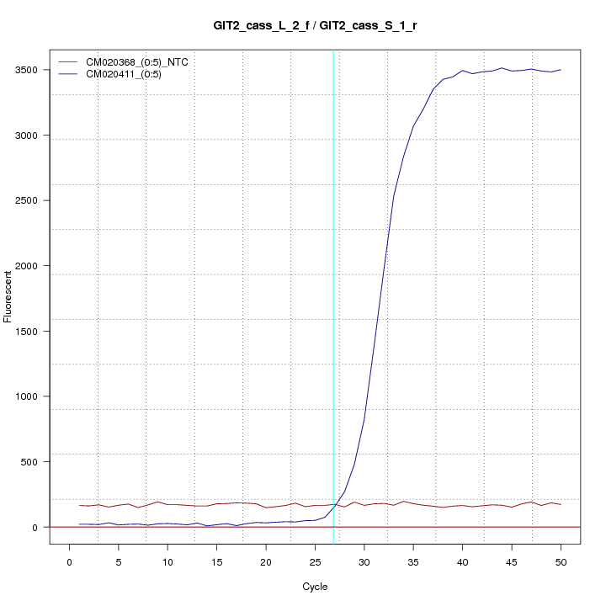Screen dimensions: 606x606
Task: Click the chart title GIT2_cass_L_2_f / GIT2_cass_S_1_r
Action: (316, 26)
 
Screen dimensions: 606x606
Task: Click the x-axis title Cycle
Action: (316, 587)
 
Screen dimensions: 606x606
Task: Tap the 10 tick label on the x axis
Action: (167, 561)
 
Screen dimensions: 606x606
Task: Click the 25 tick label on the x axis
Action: (315, 561)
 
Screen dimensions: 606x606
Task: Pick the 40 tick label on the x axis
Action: (462, 561)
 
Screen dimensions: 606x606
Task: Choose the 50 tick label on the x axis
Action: (561, 561)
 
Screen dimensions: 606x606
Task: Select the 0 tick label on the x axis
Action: (70, 561)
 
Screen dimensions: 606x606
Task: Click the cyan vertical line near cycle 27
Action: (334, 295)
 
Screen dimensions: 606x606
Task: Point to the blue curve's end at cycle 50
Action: (561, 70)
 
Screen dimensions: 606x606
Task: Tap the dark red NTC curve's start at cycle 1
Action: (79, 505)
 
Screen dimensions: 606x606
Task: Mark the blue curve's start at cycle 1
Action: (79, 524)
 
